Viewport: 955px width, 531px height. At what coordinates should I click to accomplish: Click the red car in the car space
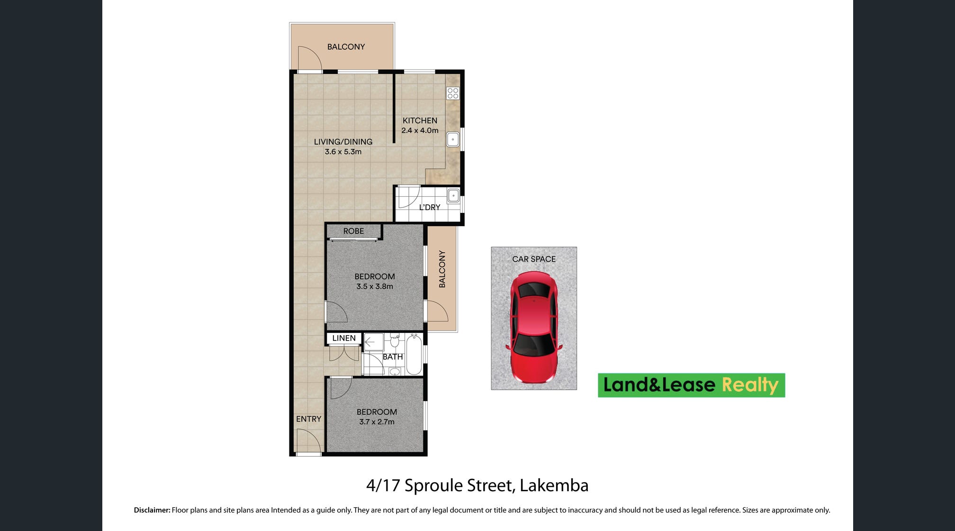534,327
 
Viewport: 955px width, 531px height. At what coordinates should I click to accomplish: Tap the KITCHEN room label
420,120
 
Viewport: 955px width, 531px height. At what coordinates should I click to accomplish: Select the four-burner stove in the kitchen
453,93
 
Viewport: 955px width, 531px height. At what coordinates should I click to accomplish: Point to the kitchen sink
453,139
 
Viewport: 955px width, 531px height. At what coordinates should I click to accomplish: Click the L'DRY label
430,207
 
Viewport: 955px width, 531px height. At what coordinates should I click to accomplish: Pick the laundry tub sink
453,195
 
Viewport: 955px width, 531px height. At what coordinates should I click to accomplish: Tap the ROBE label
353,231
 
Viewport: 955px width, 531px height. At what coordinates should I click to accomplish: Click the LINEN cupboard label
344,338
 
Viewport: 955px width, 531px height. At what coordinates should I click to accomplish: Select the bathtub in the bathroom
414,354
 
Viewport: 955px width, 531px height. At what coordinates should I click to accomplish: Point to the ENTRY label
308,419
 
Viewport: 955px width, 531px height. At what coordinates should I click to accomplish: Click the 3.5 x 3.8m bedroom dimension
375,286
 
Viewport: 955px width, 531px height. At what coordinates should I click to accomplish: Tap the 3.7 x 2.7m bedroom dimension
377,422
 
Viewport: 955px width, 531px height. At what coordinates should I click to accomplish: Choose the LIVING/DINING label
343,142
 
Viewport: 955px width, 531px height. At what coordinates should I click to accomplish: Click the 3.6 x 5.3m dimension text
343,152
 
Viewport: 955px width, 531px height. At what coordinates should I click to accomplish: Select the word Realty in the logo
750,385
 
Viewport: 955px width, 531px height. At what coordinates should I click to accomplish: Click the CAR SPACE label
534,259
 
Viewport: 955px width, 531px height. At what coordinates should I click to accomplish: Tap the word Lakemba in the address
554,485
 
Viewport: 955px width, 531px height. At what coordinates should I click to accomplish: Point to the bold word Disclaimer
152,510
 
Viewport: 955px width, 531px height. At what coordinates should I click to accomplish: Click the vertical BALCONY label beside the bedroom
442,269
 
